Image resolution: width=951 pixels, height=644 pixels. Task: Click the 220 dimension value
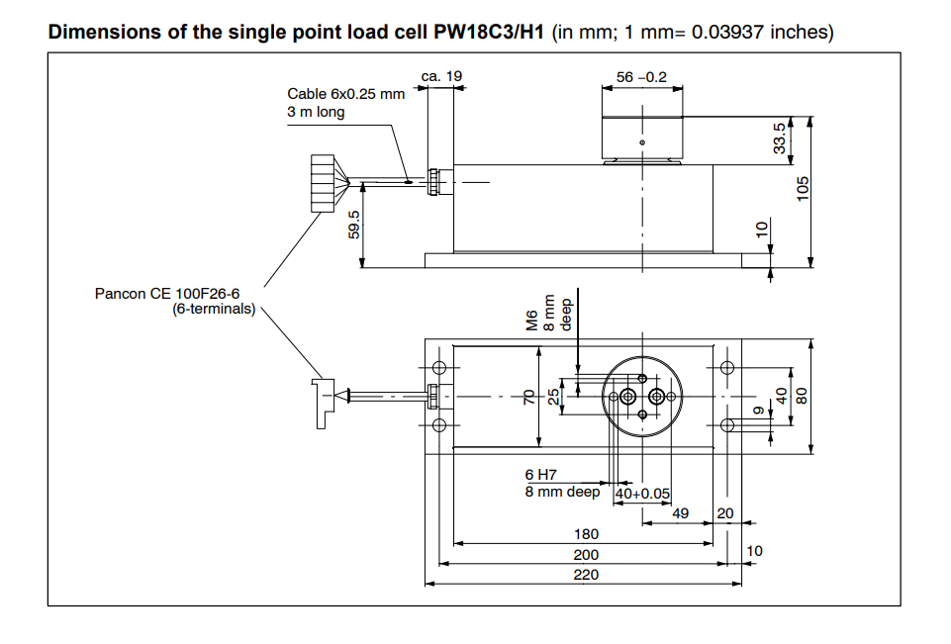[586, 575]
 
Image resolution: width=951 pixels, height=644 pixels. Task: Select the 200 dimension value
[586, 555]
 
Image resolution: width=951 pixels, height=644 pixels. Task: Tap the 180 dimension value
[586, 534]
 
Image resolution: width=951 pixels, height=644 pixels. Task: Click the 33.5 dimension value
[779, 138]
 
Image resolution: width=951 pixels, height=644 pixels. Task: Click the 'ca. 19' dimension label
[441, 76]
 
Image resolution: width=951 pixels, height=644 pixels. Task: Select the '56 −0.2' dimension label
[641, 76]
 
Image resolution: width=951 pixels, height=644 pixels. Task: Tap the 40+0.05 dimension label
[642, 494]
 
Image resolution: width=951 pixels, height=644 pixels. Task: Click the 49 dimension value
[680, 513]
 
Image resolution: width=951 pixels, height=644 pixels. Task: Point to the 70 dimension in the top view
[529, 396]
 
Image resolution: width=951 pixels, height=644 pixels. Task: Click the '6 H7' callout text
[541, 476]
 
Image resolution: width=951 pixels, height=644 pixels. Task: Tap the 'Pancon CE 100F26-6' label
[167, 294]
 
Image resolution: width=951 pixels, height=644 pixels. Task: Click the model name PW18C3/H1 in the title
[489, 32]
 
